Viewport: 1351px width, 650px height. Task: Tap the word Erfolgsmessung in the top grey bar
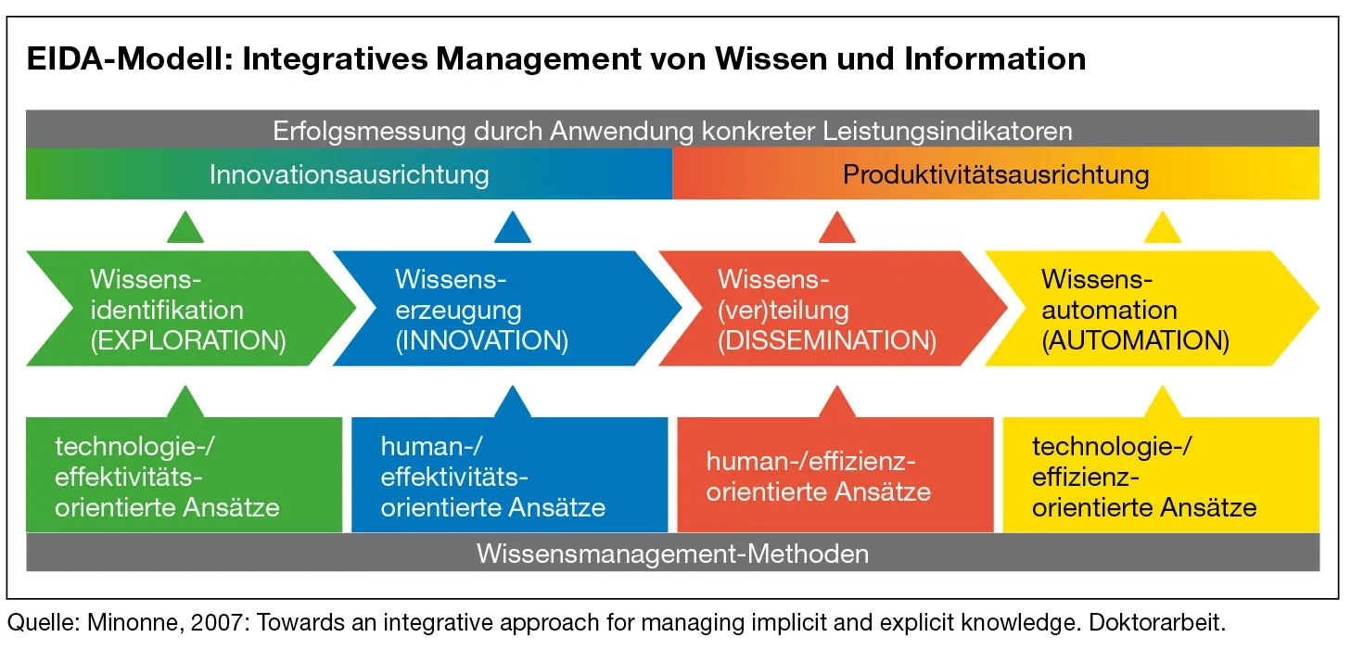pos(369,132)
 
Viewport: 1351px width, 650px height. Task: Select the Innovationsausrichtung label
pos(350,175)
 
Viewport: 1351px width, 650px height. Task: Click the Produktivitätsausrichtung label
pos(996,175)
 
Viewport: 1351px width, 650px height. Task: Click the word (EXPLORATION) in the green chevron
pos(188,340)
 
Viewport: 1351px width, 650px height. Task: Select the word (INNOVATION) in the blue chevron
pos(482,340)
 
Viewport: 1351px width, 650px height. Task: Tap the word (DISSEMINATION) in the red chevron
pos(827,340)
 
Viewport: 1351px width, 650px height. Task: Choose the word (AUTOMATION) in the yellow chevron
pos(1135,340)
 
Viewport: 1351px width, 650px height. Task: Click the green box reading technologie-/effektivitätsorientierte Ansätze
pos(184,475)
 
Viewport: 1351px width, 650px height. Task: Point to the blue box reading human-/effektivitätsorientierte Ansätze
pos(510,475)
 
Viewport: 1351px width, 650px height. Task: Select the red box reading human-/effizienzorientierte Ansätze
pos(835,475)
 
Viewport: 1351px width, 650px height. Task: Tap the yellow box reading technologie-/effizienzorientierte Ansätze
pos(1161,475)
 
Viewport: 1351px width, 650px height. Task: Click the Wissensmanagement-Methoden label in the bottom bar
pos(672,554)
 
